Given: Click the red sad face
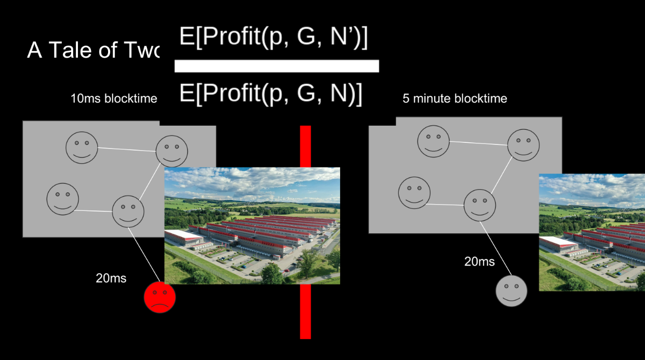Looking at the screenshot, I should coord(159,298).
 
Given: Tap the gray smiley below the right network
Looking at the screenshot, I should coord(511,291).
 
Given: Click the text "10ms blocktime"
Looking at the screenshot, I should coord(114,99).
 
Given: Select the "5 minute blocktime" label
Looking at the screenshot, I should coord(454,98).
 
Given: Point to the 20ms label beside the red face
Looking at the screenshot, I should coord(111,278).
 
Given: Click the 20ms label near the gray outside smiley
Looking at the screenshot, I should coord(479,261).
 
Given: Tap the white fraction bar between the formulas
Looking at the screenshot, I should coord(276,66).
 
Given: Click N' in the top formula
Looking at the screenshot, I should coord(342,38).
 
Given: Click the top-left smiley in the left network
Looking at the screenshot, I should coord(82,147).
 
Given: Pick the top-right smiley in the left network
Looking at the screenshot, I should coord(172,151).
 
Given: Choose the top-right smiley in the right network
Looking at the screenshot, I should coord(523,145).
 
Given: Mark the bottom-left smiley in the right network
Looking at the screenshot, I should coord(414,193).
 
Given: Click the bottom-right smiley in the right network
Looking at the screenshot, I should coord(479,205).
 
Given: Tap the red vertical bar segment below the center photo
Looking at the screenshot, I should coord(305,311).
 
